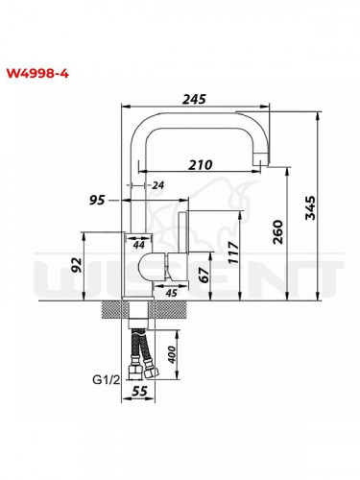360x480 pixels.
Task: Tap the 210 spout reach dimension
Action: tap(200, 164)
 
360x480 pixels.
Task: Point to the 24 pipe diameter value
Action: tap(157, 184)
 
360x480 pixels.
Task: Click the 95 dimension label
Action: tap(96, 201)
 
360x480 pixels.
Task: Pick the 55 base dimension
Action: tap(138, 394)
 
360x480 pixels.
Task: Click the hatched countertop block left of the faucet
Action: tap(114, 307)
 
